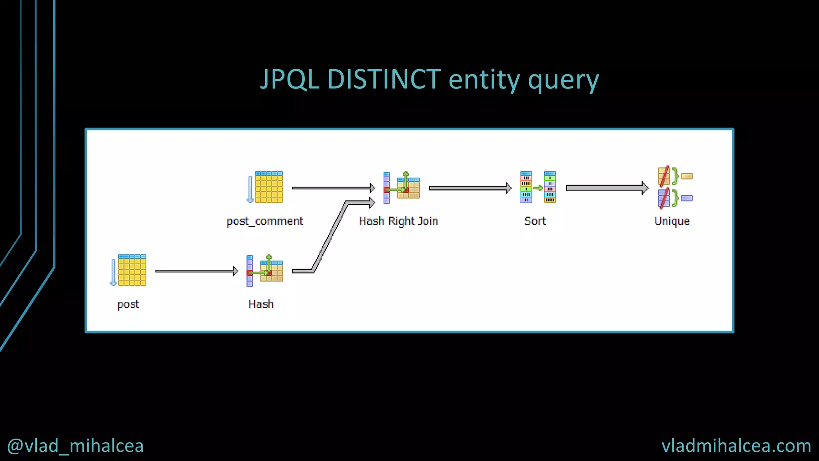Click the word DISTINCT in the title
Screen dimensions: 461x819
pyautogui.click(x=384, y=79)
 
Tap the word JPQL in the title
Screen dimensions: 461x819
pyautogui.click(x=290, y=79)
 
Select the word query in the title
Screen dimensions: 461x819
pyautogui.click(x=563, y=80)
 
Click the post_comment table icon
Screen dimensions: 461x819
pyautogui.click(x=265, y=187)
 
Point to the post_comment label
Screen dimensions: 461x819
pyautogui.click(x=265, y=221)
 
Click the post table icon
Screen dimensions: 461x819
pyautogui.click(x=128, y=270)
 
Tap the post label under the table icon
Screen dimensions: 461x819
pyautogui.click(x=128, y=304)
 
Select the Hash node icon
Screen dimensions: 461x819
pyautogui.click(x=265, y=271)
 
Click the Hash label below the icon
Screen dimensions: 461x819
pyautogui.click(x=261, y=304)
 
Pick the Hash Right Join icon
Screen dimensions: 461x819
pyautogui.click(x=402, y=187)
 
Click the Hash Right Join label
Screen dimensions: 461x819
pyautogui.click(x=398, y=221)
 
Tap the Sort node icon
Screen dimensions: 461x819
pyautogui.click(x=537, y=187)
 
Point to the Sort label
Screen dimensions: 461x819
pyautogui.click(x=535, y=221)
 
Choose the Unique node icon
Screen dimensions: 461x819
pyautogui.click(x=674, y=187)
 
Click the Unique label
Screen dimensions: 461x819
pyautogui.click(x=672, y=221)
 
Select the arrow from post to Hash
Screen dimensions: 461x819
pyautogui.click(x=196, y=271)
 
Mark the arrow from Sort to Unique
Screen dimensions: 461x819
pyautogui.click(x=606, y=188)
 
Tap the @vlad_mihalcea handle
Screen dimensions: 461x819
pyautogui.click(x=75, y=446)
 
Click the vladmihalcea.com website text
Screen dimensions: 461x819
pyautogui.click(x=736, y=446)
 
